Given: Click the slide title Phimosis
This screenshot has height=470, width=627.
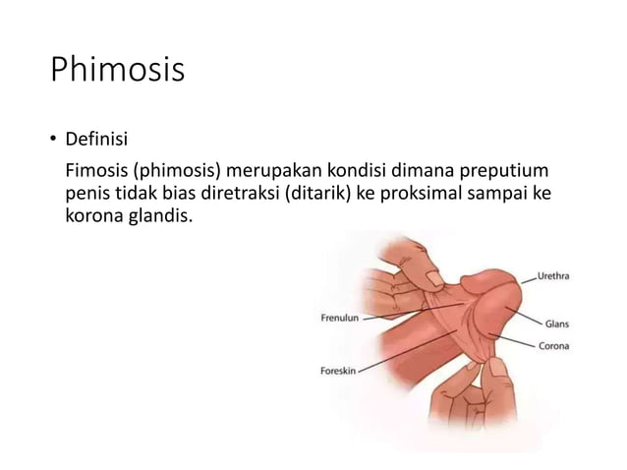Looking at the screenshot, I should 117,72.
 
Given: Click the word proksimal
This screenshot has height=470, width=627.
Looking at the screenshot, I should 424,192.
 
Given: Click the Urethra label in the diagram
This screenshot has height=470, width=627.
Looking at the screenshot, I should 552,276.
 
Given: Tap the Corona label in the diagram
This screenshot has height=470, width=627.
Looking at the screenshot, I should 554,345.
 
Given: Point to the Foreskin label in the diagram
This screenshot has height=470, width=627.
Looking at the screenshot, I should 339,371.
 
